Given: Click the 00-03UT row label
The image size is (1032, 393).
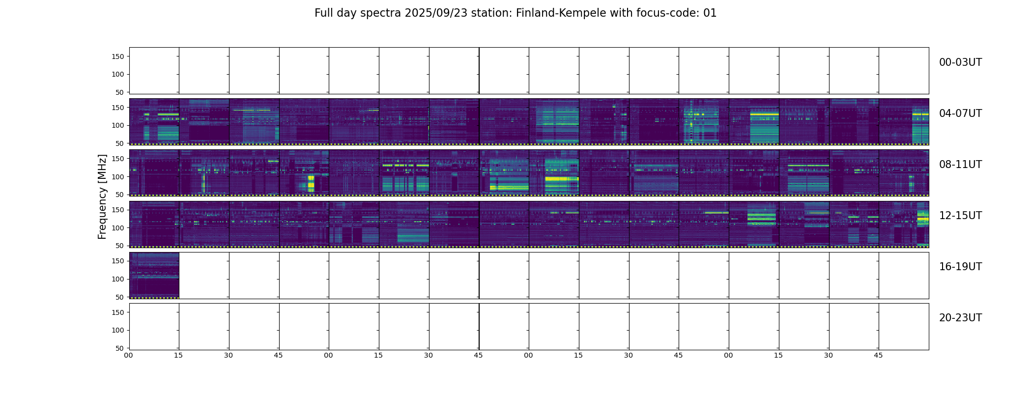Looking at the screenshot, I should click(960, 62).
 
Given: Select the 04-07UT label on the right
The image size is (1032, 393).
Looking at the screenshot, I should click(960, 113).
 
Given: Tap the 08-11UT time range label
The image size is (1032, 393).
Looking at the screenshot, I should click(960, 165).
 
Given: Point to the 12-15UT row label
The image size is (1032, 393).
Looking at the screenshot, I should click(960, 216).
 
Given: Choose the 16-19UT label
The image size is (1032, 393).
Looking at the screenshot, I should click(960, 267).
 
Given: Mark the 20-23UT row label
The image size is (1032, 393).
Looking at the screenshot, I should click(960, 318).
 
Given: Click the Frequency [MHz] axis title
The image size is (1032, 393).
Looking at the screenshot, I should click(102, 196).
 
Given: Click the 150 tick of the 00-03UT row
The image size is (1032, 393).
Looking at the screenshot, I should click(118, 56).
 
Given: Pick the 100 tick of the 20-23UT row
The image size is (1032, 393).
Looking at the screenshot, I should click(118, 330).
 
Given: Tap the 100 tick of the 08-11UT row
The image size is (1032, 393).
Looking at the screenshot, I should click(118, 177).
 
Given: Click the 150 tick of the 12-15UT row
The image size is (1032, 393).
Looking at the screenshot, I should click(118, 210).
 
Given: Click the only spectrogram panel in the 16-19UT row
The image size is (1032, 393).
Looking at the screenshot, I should click(154, 275).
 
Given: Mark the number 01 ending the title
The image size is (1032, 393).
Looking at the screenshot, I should click(710, 13).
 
